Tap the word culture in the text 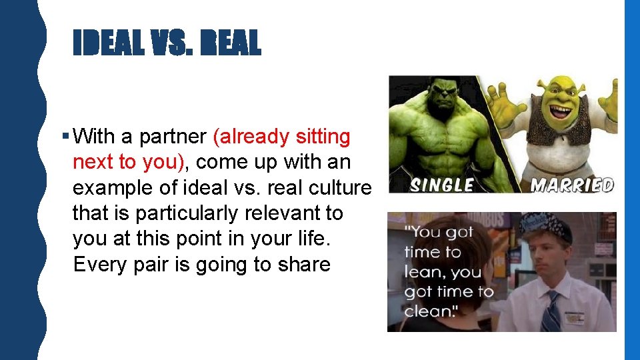click(338, 188)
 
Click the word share click(302, 265)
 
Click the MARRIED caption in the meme click(572, 184)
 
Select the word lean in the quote click(423, 272)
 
